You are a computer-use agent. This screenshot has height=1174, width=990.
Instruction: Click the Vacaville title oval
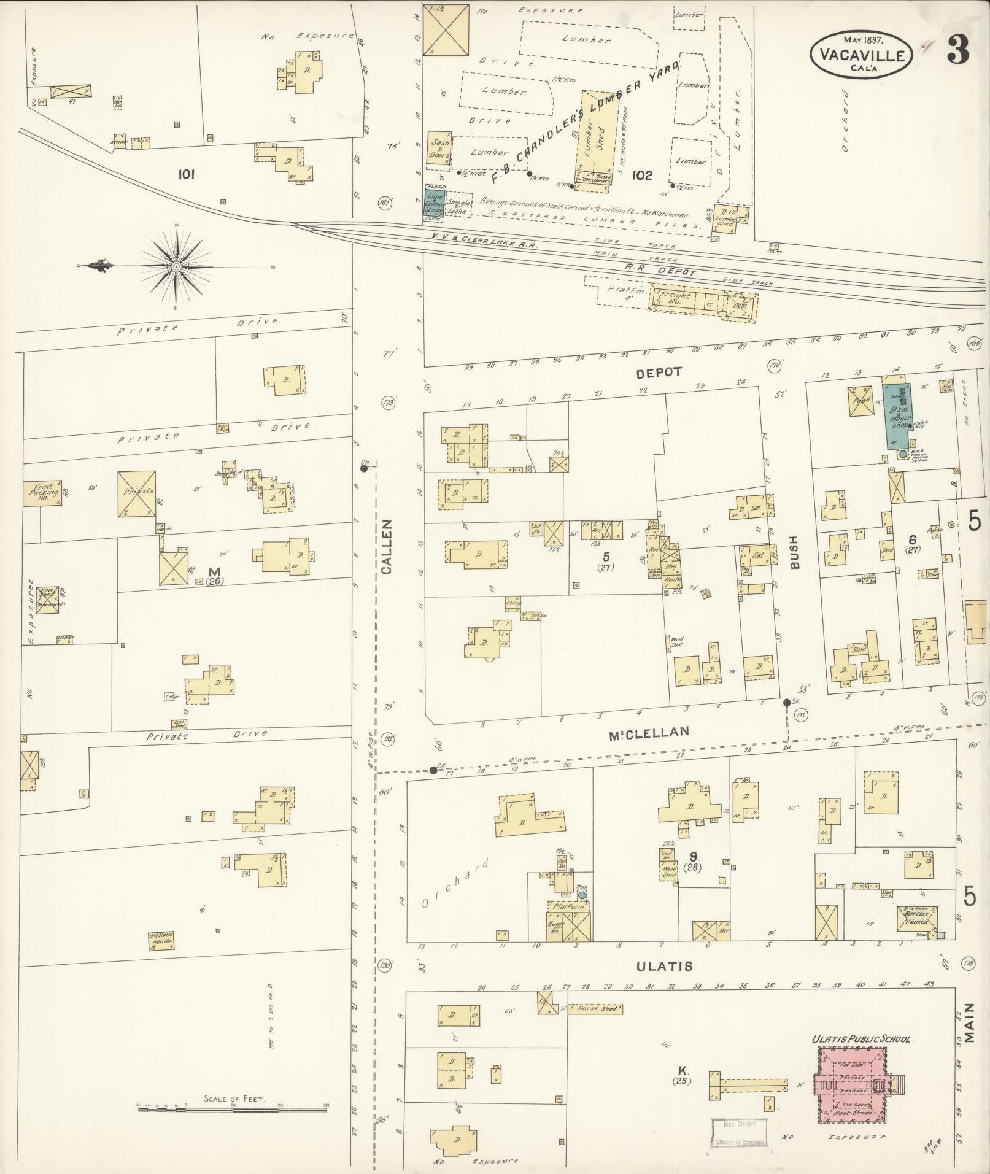(x=861, y=55)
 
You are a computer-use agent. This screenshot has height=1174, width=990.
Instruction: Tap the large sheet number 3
(x=958, y=51)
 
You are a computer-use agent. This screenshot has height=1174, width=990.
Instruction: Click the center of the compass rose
(x=177, y=266)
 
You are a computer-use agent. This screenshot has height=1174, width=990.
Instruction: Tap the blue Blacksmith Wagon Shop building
(x=897, y=415)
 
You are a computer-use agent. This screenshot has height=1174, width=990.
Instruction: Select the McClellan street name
(x=649, y=731)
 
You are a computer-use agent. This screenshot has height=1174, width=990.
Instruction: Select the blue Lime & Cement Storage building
(x=435, y=203)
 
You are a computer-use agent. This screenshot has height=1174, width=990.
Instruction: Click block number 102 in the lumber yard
(x=642, y=176)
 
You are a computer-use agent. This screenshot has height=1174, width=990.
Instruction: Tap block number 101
(x=186, y=174)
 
